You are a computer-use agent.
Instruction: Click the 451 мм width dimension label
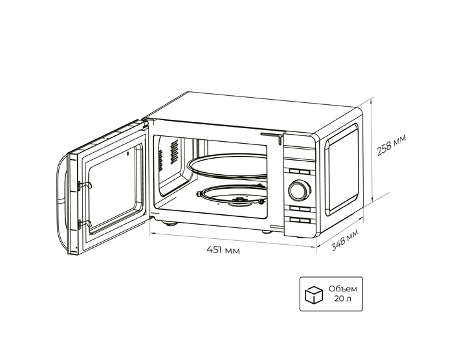[223, 251]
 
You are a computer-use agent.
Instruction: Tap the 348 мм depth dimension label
[344, 241]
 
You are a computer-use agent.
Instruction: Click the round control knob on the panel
[299, 190]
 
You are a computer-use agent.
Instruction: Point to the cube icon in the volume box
[315, 295]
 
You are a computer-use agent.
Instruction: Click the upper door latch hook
[83, 185]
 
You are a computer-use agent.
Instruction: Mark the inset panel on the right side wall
[342, 170]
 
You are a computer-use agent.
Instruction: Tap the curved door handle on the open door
[60, 201]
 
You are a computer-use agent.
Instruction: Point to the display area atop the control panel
[299, 152]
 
